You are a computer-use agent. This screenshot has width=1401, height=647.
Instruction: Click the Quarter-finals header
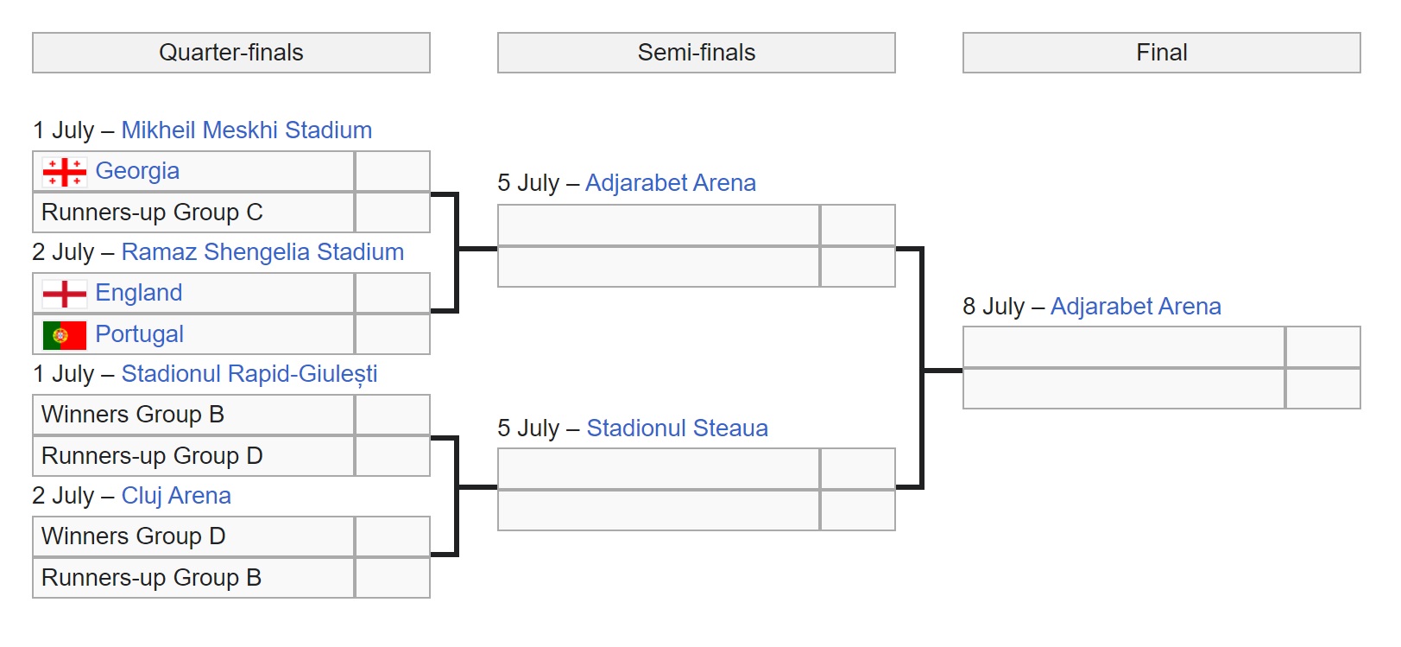point(230,53)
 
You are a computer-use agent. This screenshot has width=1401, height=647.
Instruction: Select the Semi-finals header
point(696,53)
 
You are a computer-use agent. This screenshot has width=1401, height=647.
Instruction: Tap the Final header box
point(1161,53)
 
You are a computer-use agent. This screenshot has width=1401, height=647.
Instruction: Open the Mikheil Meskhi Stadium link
point(246,130)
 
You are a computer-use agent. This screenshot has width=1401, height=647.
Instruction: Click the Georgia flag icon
point(65,172)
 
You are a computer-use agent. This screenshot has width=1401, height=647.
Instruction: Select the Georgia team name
point(137,171)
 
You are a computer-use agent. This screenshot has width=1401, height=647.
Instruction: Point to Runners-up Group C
point(152,212)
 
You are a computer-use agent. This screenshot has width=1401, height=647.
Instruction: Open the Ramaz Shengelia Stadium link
point(262,252)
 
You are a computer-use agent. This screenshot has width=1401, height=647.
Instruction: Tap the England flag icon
point(65,294)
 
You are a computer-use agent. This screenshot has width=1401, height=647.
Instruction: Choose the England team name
point(138,293)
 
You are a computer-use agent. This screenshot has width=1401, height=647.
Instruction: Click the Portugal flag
point(65,335)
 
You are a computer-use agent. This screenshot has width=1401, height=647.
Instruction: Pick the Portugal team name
point(139,334)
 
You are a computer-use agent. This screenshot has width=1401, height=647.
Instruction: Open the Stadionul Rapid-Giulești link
point(249,374)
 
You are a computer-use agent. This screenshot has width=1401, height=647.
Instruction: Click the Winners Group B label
point(133,415)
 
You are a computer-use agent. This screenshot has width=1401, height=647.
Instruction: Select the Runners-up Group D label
point(152,456)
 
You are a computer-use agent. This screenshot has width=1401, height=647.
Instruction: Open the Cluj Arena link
point(176,496)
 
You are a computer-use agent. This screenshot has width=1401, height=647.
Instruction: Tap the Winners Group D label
point(134,536)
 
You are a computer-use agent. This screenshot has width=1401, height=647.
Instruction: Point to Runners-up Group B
point(151,578)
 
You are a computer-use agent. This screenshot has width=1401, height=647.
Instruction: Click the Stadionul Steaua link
point(677,428)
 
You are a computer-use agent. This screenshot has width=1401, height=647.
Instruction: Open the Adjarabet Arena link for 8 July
point(1135,307)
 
